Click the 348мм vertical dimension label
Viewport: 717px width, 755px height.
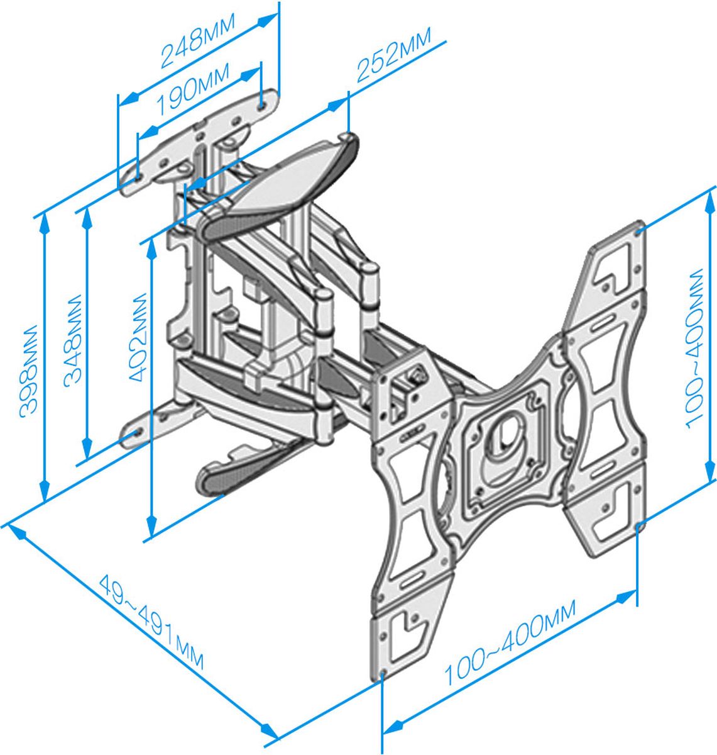pyautogui.click(x=74, y=338)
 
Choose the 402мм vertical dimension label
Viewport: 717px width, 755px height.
pyautogui.click(x=137, y=337)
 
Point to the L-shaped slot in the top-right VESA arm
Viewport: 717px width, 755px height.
pyautogui.click(x=616, y=262)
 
